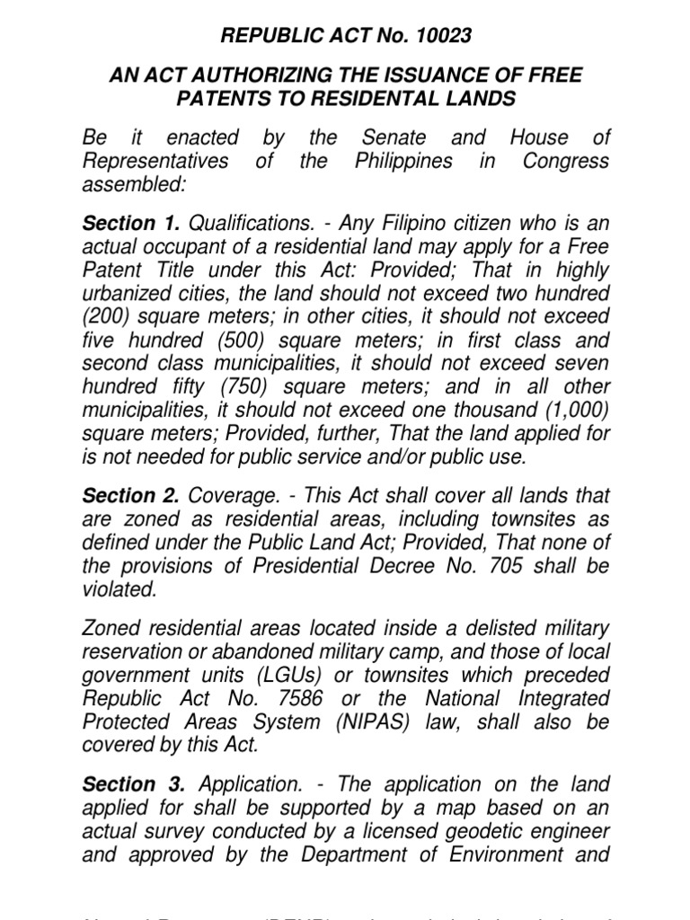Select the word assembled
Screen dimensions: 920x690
point(132,185)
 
